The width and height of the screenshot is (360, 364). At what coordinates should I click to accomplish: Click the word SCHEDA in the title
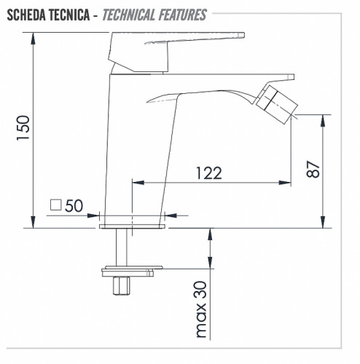click(26, 15)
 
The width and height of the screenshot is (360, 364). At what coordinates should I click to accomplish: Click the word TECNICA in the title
click(69, 15)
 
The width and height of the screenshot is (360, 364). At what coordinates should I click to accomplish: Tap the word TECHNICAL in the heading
click(129, 15)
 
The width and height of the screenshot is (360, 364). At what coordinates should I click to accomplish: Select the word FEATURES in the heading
click(183, 15)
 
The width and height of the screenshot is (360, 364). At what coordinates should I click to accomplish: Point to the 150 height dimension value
click(23, 128)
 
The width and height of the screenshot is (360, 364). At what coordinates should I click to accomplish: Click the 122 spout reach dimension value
click(209, 173)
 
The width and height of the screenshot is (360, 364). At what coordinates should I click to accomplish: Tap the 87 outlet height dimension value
click(313, 169)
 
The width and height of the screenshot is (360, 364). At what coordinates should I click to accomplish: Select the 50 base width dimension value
click(74, 206)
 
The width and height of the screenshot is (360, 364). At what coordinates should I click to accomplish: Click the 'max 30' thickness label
click(201, 309)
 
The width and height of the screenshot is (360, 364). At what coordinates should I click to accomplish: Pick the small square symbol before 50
click(55, 205)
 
